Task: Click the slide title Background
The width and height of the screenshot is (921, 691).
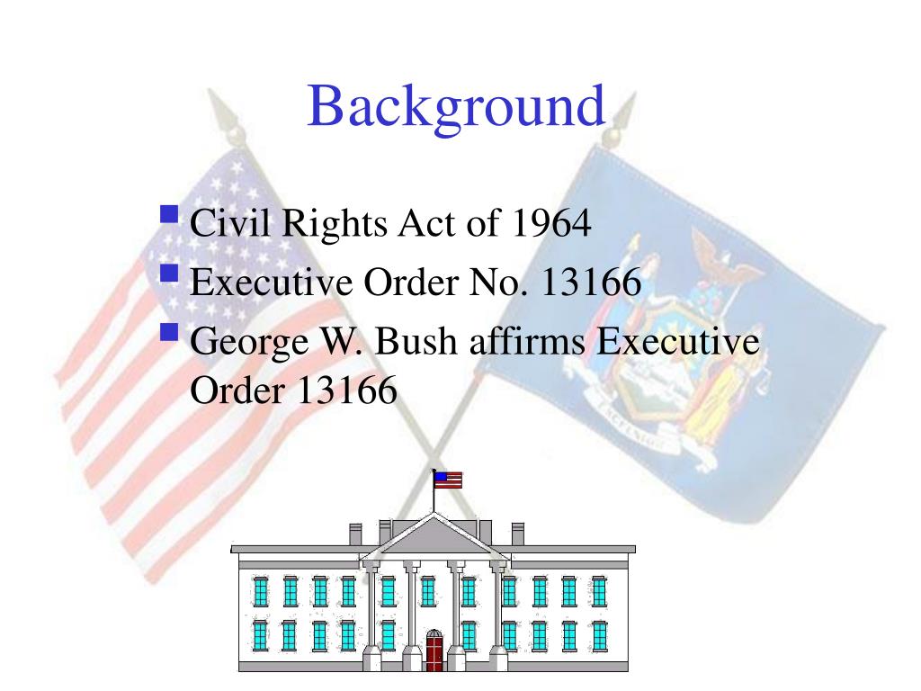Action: (x=456, y=108)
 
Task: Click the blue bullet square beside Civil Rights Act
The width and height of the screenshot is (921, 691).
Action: (x=169, y=216)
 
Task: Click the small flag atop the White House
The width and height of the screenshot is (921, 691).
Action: (x=449, y=480)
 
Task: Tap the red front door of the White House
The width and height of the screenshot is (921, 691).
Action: (x=434, y=651)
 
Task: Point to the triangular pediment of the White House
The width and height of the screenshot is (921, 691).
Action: (x=434, y=537)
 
